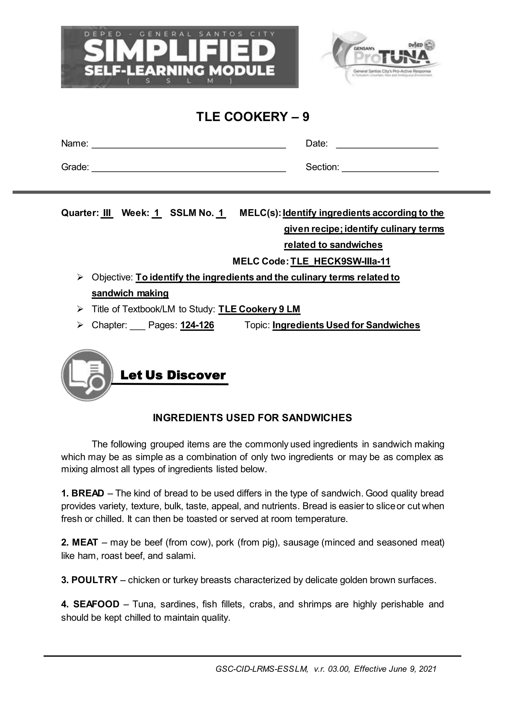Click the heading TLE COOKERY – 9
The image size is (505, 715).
pos(252,117)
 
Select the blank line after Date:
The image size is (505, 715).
pos(387,145)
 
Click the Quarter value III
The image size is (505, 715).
pos(107,213)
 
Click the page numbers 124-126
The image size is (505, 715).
pos(197,325)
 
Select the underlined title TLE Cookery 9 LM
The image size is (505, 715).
pos(259,309)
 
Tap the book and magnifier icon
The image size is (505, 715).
pos(87,375)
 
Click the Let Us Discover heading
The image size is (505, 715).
pos(173,375)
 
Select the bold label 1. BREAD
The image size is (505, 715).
pos(82,493)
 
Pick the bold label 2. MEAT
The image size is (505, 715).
pos(80,542)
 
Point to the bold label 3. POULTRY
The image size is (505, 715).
pos(89,580)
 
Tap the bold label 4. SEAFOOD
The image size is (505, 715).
pos(90,604)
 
